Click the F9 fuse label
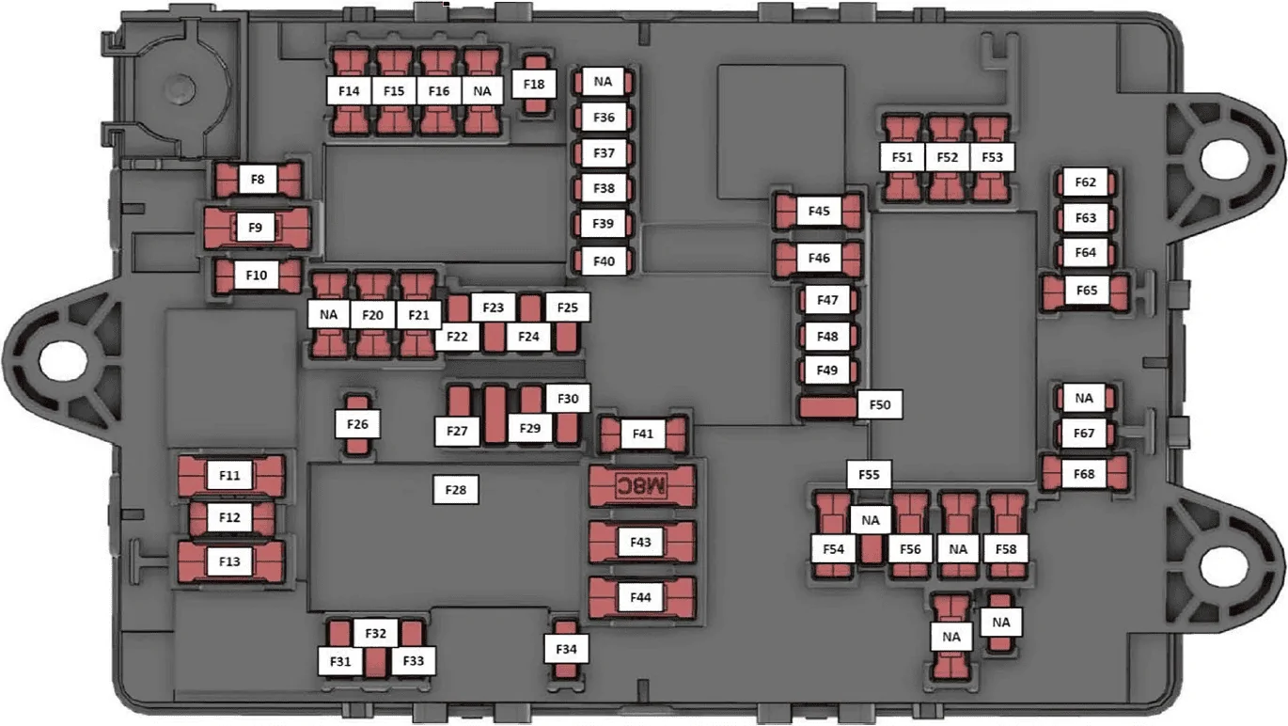pyautogui.click(x=256, y=228)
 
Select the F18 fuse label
pyautogui.click(x=534, y=85)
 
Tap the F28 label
pyautogui.click(x=455, y=490)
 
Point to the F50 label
pyautogui.click(x=880, y=404)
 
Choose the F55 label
pyautogui.click(x=869, y=475)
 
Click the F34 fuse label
pyautogui.click(x=566, y=649)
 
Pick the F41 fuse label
pyautogui.click(x=642, y=434)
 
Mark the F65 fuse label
pyautogui.click(x=1086, y=291)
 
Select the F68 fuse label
pyautogui.click(x=1084, y=474)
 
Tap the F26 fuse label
pyautogui.click(x=357, y=424)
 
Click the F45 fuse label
pyautogui.click(x=819, y=212)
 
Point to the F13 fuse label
pyautogui.click(x=229, y=561)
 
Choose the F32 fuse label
pyautogui.click(x=375, y=634)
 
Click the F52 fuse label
pyautogui.click(x=947, y=157)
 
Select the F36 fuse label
pyautogui.click(x=604, y=118)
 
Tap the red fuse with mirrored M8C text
pyautogui.click(x=642, y=486)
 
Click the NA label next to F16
pyautogui.click(x=482, y=91)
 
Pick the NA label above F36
pyautogui.click(x=603, y=82)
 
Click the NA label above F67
pyautogui.click(x=1084, y=398)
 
